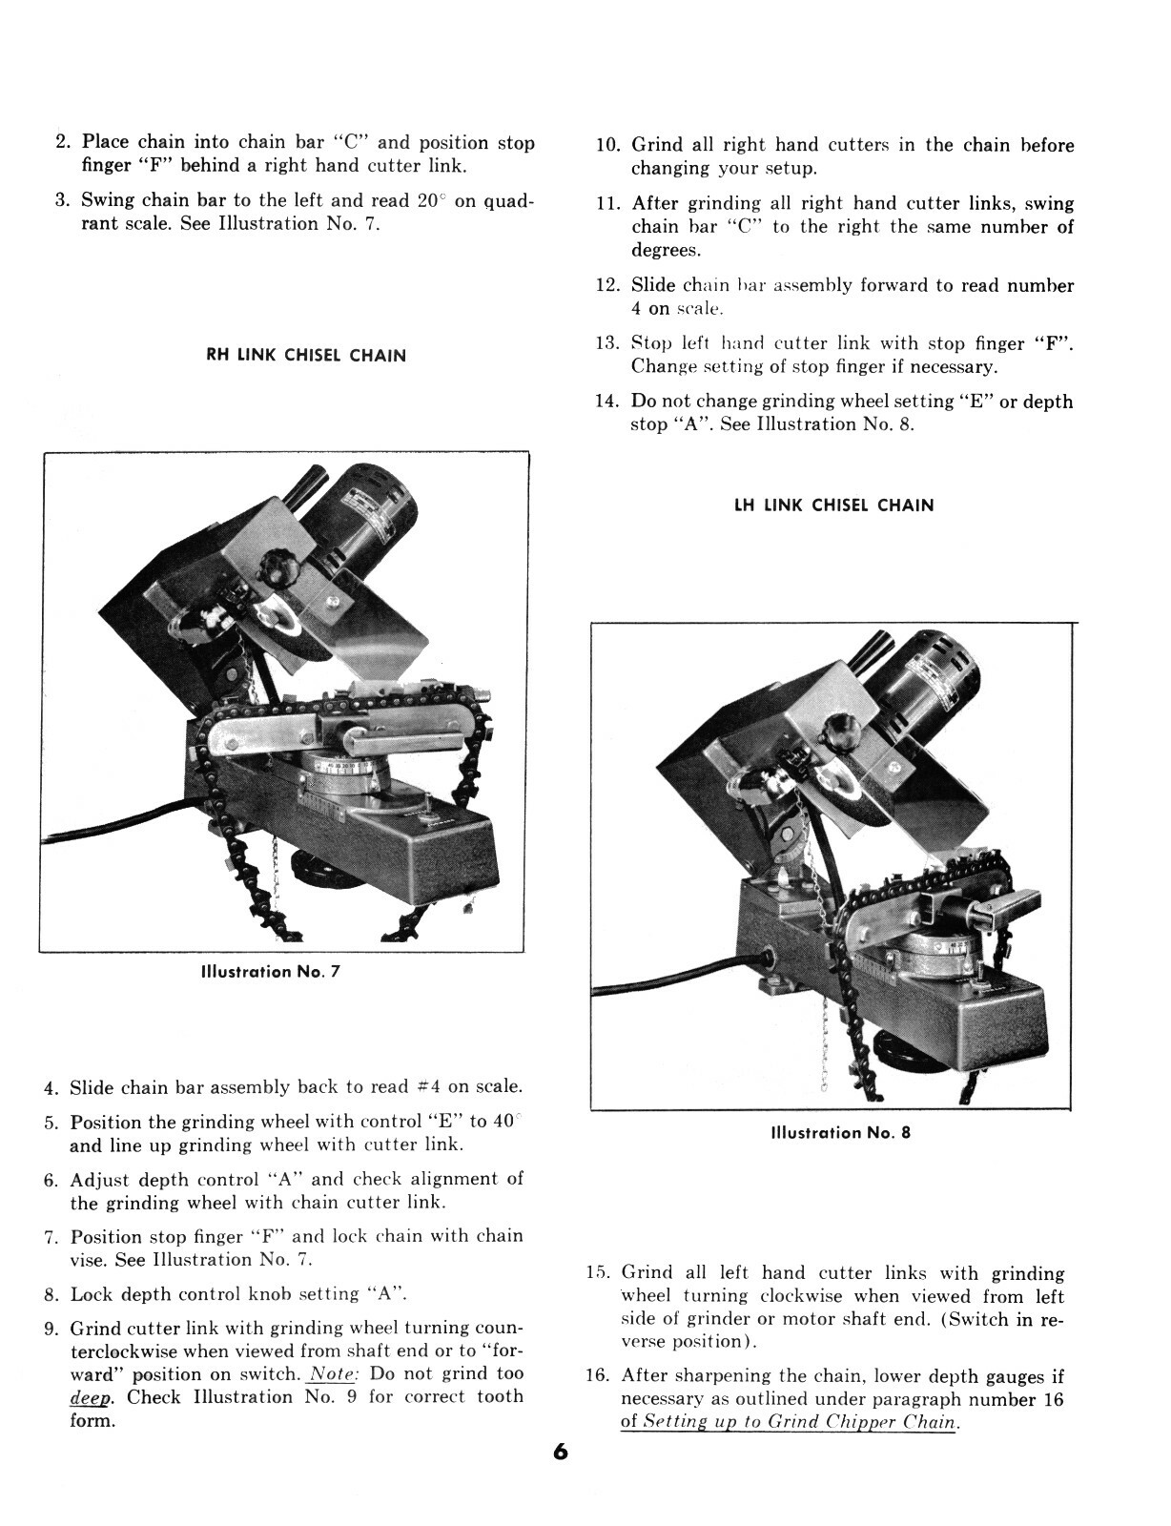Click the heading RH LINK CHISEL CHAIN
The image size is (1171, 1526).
click(x=306, y=356)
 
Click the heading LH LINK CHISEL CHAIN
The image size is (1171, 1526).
click(x=833, y=505)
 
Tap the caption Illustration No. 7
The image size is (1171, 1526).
click(x=270, y=972)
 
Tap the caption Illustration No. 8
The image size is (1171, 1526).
click(x=840, y=1133)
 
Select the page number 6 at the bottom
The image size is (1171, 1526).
click(x=560, y=1453)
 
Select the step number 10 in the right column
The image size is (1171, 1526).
click(x=609, y=146)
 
